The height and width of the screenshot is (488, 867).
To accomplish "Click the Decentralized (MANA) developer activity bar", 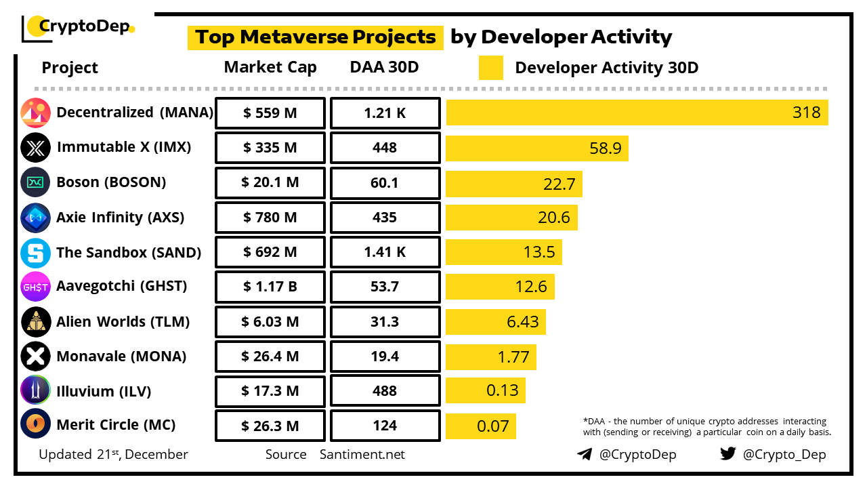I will click(x=637, y=113).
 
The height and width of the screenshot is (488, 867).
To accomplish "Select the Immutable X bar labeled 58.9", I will click(x=536, y=148).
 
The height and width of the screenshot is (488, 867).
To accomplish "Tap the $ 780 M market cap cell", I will click(x=270, y=218).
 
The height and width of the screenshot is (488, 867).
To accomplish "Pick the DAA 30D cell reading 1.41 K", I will click(x=385, y=252).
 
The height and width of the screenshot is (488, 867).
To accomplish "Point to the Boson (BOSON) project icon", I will click(x=35, y=182).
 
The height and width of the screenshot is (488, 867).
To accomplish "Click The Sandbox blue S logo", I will click(x=35, y=253).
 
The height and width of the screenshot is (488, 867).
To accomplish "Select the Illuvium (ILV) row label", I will click(x=104, y=391).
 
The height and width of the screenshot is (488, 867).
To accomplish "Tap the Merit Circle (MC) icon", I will click(x=35, y=426).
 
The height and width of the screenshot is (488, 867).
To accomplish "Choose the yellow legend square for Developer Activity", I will click(x=490, y=68).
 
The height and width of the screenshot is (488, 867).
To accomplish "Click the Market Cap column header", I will click(x=270, y=67).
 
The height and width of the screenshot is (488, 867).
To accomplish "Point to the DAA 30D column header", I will click(x=384, y=67).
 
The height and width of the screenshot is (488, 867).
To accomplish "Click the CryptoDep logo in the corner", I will click(x=78, y=27).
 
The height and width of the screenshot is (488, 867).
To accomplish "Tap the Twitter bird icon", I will click(x=727, y=453).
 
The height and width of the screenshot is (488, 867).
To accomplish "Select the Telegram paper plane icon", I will click(x=585, y=454).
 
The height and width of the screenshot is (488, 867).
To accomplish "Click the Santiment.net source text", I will click(x=362, y=454).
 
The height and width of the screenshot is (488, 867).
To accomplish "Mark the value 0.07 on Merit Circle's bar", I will click(x=492, y=426).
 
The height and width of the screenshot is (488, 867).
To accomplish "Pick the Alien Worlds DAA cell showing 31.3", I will click(x=385, y=322).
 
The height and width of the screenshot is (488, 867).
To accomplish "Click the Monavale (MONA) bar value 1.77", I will click(x=513, y=357).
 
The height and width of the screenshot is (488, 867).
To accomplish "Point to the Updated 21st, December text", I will click(x=113, y=454).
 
